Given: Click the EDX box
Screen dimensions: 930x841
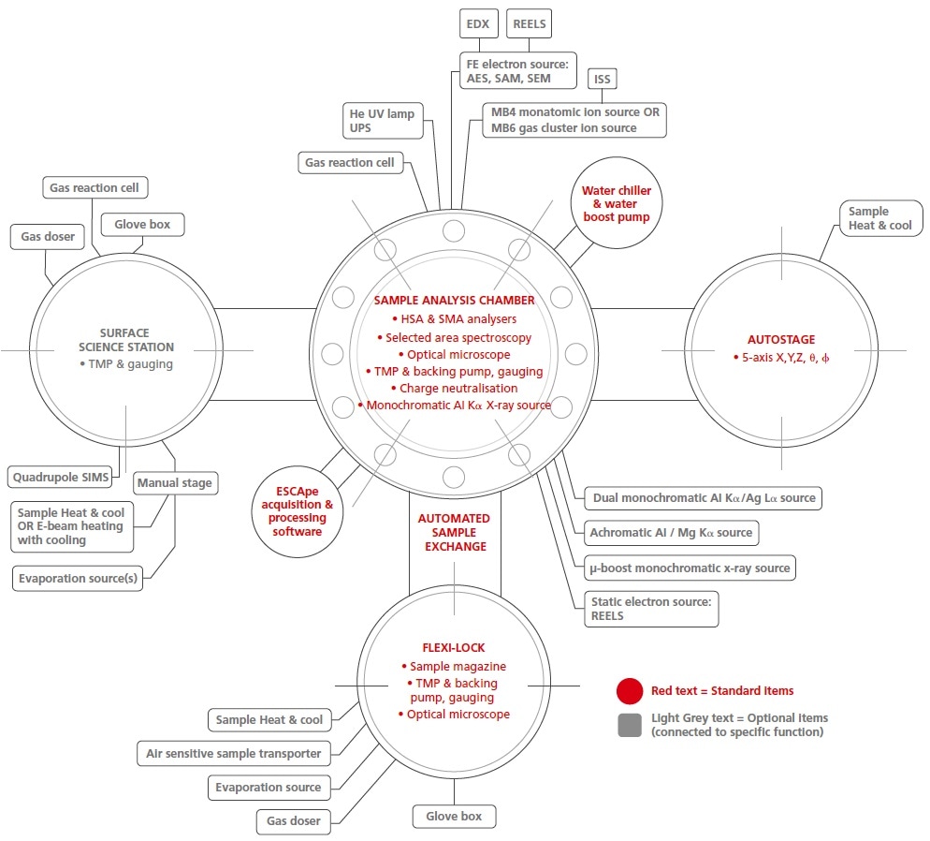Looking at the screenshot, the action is point(479,23).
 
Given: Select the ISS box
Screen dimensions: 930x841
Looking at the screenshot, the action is point(602,79).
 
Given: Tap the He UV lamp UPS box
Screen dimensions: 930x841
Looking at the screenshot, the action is point(383,121).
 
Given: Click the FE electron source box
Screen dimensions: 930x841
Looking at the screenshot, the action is point(517,70).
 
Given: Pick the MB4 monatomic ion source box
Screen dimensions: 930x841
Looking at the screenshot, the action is point(574,120).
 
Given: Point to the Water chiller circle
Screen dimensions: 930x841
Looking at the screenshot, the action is point(617,203).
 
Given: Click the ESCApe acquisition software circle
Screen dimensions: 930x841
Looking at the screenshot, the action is point(298,511).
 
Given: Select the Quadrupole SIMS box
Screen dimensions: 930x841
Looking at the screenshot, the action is point(60,478).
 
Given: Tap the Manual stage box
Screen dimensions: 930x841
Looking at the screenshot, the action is point(175,483).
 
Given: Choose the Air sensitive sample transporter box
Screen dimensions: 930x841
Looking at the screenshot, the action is point(234,753).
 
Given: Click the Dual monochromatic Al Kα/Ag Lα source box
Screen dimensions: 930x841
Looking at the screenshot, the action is point(704,498).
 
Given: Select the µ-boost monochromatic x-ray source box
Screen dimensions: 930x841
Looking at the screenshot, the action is point(690,568).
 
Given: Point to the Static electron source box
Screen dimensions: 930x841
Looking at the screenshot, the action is point(651,609).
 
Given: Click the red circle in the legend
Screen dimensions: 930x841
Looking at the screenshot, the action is point(630,691).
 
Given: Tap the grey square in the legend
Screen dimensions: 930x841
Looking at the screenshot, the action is point(630,725).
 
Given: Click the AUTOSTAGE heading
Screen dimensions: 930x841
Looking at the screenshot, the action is point(781,339).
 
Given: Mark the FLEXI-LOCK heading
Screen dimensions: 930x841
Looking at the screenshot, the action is point(454,647).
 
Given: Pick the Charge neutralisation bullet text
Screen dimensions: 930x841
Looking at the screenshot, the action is point(455,388).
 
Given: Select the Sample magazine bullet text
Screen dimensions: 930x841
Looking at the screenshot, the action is point(455,667).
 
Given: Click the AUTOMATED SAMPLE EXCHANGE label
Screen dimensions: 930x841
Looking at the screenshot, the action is point(455,532).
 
